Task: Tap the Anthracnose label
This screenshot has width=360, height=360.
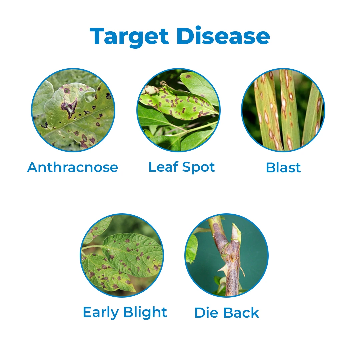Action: [73, 167]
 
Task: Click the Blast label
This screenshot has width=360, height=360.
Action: [283, 167]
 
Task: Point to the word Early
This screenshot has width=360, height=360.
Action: [101, 313]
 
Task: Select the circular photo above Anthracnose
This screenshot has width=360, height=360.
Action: [73, 110]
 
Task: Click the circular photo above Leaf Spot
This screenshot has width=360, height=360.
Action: [178, 110]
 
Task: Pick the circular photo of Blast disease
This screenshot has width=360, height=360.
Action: [283, 110]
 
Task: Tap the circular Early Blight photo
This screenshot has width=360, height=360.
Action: [122, 255]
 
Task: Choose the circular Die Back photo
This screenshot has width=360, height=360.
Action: [227, 255]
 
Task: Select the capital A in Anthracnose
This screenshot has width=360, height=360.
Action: [32, 167]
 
